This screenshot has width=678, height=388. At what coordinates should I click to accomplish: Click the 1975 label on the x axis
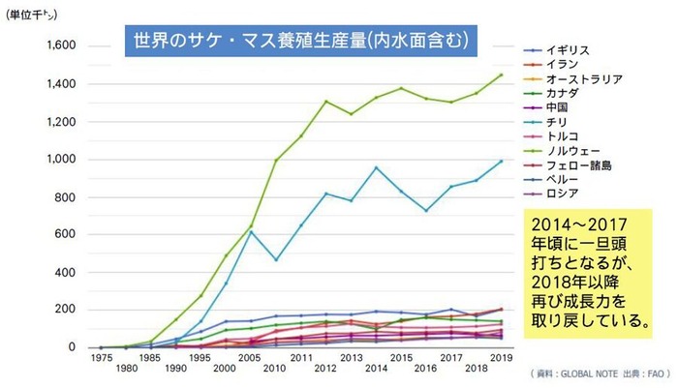(100, 358)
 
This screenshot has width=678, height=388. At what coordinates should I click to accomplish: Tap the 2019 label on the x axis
(501, 358)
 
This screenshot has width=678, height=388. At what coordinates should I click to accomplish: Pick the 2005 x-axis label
(250, 358)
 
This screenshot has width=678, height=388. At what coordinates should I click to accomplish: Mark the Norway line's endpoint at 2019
(501, 75)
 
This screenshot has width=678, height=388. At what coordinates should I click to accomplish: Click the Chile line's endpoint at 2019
(501, 161)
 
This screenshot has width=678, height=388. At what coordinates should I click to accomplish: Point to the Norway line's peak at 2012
(325, 101)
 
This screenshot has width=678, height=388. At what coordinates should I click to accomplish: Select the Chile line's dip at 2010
(275, 259)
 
